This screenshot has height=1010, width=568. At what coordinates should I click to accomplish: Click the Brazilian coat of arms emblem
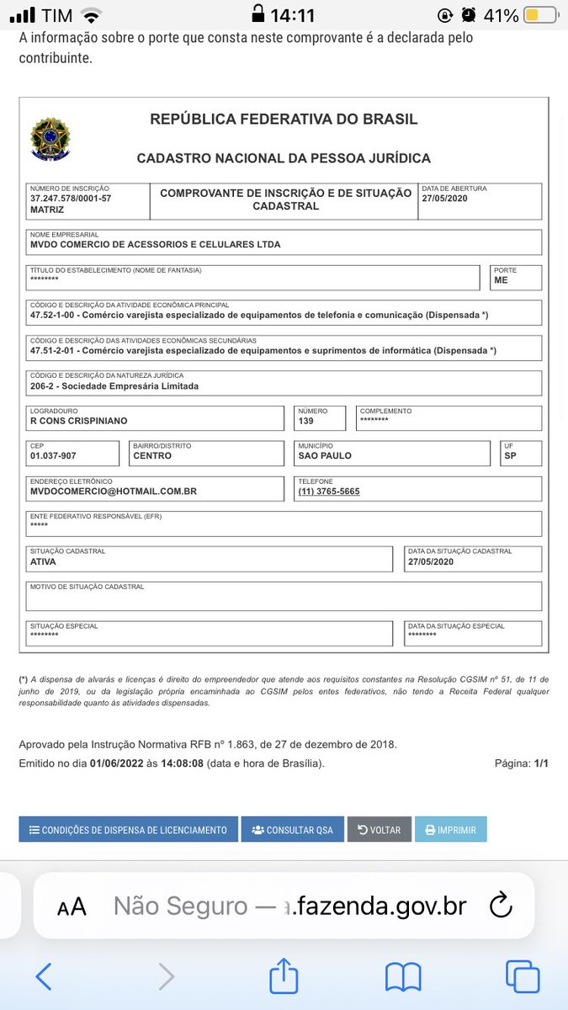pos(50,138)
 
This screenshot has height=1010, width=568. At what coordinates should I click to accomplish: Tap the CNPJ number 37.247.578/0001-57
pos(71,198)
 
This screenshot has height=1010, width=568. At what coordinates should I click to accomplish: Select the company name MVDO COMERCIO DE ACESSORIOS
pos(155,245)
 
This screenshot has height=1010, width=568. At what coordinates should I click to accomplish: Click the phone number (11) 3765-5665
pos(329,491)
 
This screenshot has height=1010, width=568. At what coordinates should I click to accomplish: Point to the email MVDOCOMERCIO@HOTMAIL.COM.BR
pos(114,491)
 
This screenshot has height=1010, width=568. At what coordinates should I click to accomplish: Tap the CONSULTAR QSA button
pos(292,830)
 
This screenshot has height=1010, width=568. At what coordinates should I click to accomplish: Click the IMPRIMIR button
pos(450,830)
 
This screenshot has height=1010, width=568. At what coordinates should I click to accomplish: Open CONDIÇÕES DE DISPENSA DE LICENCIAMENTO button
pos(127,830)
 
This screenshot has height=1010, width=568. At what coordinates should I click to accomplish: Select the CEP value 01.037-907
pos(53,455)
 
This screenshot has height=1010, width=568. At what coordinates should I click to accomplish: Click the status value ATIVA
pos(44,561)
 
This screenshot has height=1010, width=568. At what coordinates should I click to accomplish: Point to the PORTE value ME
pos(501,280)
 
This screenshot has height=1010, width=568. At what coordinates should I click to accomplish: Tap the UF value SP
pos(510,455)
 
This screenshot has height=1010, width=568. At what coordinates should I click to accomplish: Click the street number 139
pos(305,420)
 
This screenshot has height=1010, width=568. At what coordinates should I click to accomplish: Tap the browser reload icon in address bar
pos(501,906)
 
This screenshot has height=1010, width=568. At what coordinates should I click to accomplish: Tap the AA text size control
pos(72,906)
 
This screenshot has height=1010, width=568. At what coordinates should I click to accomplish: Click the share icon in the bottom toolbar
pos(284,976)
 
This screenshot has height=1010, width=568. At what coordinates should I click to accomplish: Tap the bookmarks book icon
pos(403,976)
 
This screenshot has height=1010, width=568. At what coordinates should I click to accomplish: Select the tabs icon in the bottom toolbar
pos(522,976)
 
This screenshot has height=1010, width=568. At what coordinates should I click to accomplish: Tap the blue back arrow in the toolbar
pos(44,976)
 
